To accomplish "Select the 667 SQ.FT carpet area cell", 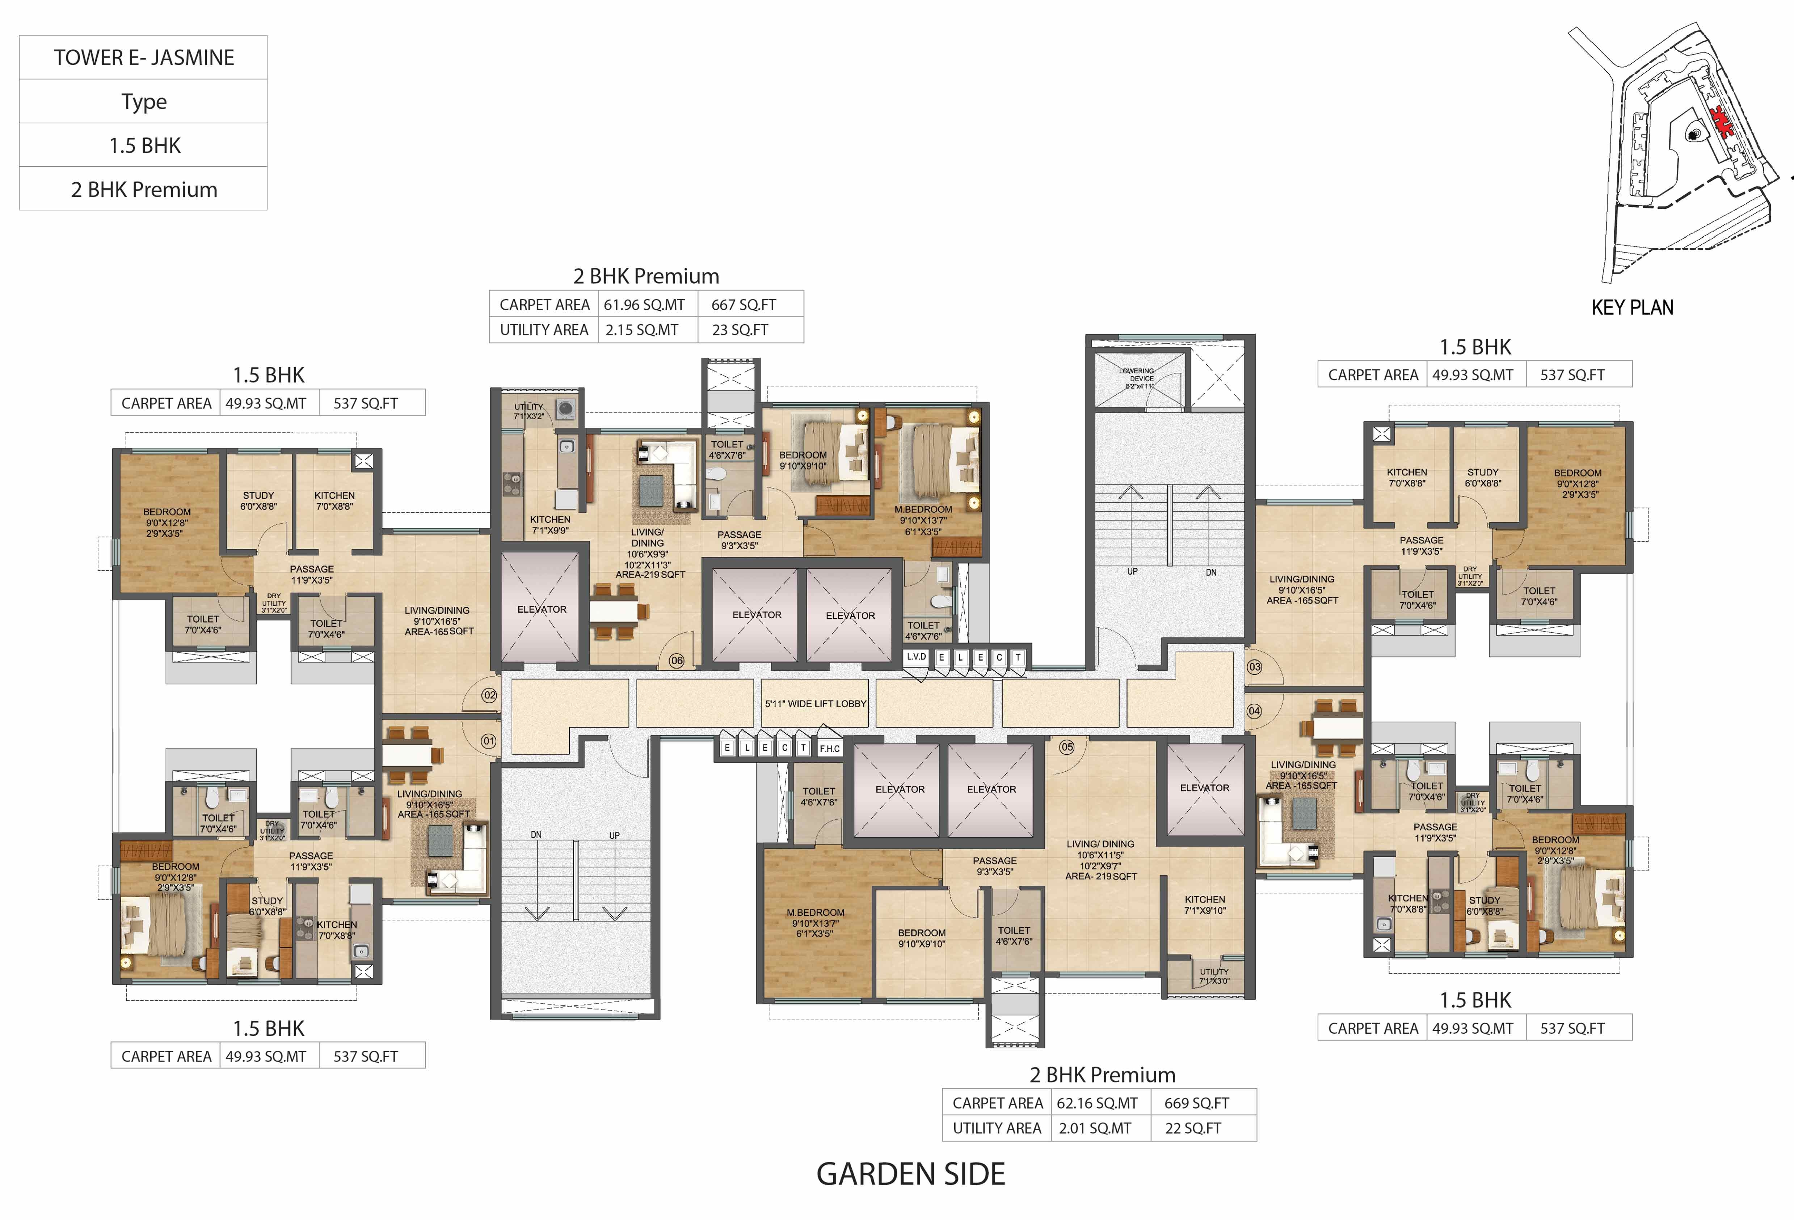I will tap(744, 305).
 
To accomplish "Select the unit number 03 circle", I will tap(1254, 667).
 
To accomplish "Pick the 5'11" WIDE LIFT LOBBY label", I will tap(815, 704).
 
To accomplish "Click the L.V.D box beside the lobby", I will tap(916, 657).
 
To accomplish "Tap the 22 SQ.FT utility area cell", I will tap(1193, 1128).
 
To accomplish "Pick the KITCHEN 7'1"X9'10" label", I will tap(1204, 905).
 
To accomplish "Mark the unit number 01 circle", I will tap(489, 741).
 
